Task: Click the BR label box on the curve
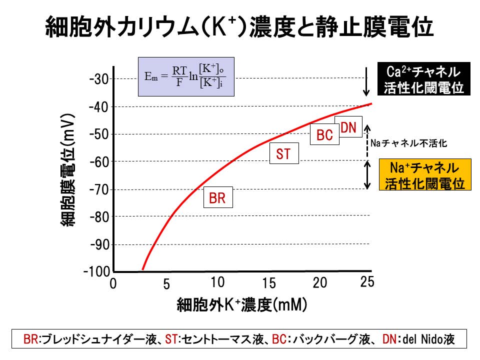[217, 198]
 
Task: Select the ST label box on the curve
[283, 154]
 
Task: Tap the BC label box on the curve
[324, 135]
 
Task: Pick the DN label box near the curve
[348, 128]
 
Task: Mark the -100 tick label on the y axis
[98, 271]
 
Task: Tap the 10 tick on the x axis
[217, 282]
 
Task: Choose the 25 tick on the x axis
[367, 282]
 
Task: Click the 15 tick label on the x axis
[269, 283]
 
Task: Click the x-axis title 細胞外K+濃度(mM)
[241, 305]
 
